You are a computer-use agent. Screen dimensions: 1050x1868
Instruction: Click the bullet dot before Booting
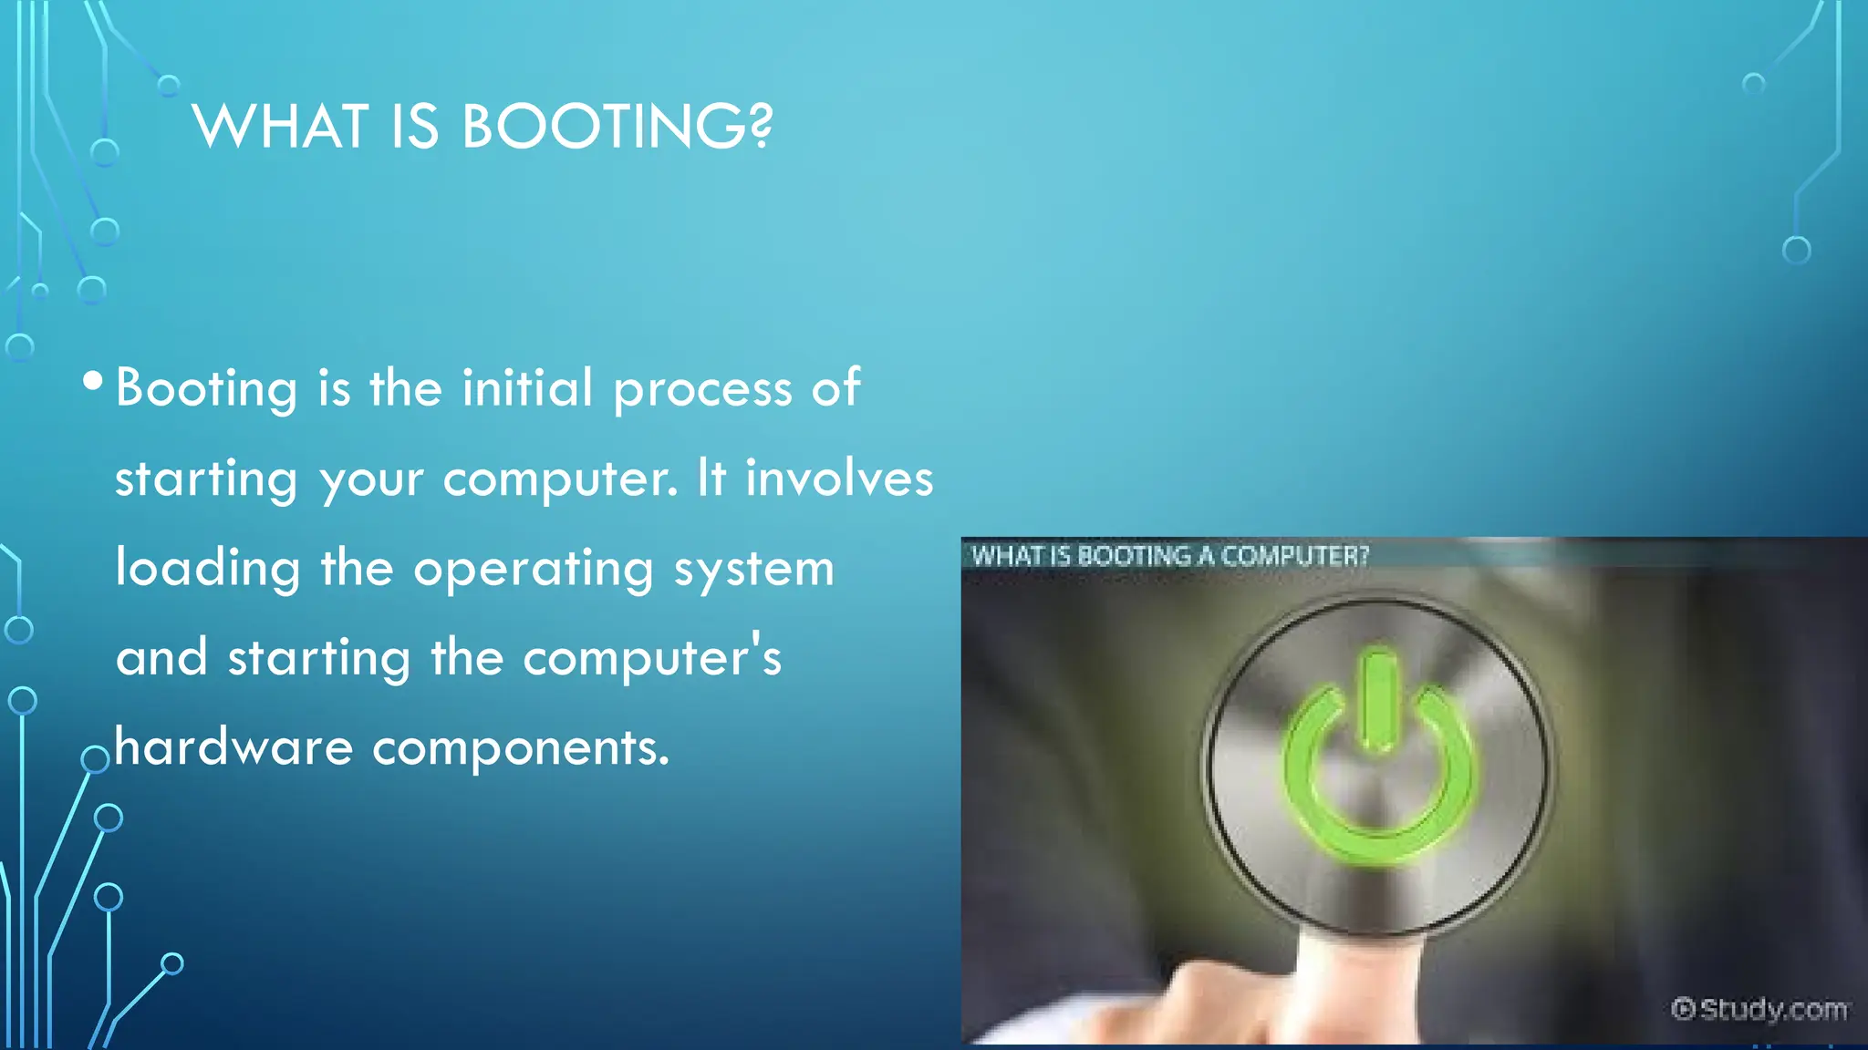click(92, 381)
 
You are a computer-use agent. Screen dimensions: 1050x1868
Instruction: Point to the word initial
click(527, 386)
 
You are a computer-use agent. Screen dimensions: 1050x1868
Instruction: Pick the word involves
click(839, 478)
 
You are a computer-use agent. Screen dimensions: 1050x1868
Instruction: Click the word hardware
click(233, 747)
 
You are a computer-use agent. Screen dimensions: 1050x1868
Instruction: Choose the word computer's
click(652, 657)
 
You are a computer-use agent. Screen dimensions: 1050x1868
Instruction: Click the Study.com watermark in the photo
click(1759, 1009)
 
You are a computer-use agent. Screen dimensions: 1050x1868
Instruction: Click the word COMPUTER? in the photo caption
click(1295, 555)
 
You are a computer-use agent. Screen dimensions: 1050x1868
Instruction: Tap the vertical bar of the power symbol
click(1377, 697)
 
